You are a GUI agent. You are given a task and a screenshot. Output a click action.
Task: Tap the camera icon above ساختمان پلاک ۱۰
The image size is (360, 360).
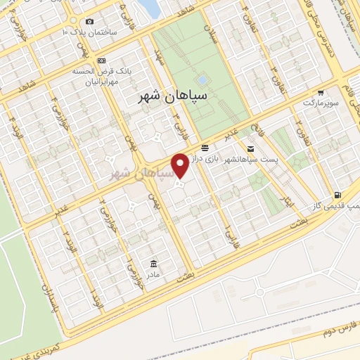pyautogui.click(x=89, y=22)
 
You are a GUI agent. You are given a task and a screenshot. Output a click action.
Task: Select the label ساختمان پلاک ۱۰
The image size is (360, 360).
pyautogui.click(x=88, y=32)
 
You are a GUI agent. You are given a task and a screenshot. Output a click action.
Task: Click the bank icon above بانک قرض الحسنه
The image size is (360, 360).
pyautogui.click(x=102, y=60)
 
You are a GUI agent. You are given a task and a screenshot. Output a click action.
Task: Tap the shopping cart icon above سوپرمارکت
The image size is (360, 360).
pyautogui.click(x=321, y=92)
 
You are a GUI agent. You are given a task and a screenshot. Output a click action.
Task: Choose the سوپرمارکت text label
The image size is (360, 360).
pyautogui.click(x=321, y=103)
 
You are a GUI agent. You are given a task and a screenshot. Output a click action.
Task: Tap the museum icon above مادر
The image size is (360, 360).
pyautogui.click(x=153, y=263)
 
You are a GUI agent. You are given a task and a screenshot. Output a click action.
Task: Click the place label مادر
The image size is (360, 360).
pyautogui.click(x=153, y=274)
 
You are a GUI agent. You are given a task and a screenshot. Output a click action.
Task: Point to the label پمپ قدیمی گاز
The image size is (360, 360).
pyautogui.click(x=337, y=205)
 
